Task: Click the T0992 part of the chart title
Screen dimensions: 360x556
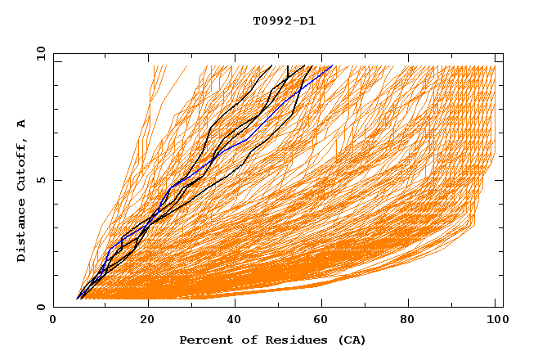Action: [269, 21]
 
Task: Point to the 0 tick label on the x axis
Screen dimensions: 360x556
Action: [53, 321]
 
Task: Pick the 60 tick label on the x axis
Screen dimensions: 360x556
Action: [325, 321]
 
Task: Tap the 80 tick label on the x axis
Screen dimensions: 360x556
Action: [413, 321]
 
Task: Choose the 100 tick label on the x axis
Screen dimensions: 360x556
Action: [495, 321]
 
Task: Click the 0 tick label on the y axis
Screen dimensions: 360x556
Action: [40, 308]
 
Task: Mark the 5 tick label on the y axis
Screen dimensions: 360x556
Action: [40, 180]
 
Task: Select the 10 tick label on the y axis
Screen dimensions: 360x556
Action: [38, 53]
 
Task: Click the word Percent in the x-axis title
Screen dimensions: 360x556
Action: [204, 340]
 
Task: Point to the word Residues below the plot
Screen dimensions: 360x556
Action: [289, 340]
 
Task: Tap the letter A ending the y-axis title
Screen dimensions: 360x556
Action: [22, 124]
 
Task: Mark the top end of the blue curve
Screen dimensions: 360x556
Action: [331, 67]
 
